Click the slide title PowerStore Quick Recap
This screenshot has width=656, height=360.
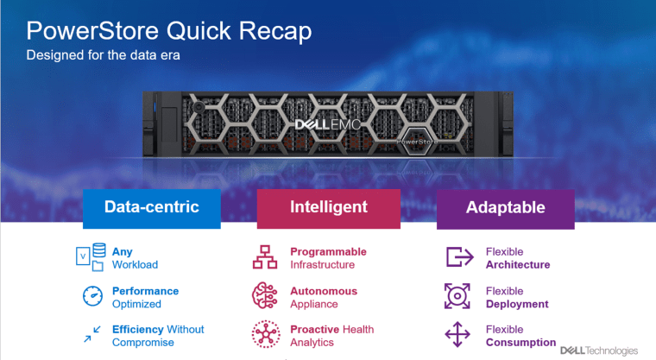click(169, 31)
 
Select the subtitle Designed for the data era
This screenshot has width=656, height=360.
click(103, 55)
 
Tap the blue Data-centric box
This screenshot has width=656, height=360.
click(152, 209)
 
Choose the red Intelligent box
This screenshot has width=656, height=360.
click(328, 209)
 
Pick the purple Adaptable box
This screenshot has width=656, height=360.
click(506, 209)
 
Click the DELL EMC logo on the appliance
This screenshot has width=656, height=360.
click(328, 124)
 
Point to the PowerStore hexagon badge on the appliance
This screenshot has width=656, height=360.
click(417, 142)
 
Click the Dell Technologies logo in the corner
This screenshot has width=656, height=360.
click(599, 351)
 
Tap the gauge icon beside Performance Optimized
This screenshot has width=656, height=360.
click(92, 296)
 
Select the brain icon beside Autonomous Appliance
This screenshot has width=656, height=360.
click(264, 295)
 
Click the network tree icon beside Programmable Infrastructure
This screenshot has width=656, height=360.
click(265, 257)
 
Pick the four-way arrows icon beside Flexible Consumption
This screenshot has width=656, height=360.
click(457, 334)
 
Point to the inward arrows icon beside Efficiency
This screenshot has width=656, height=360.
click(92, 334)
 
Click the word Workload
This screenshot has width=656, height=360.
click(136, 264)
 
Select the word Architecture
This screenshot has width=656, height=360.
click(518, 264)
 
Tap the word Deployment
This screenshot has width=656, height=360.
click(517, 305)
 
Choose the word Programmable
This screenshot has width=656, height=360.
click(328, 252)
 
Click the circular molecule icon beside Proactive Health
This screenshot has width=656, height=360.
click(266, 334)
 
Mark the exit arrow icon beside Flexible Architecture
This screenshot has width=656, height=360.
click(460, 256)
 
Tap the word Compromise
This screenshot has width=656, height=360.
click(143, 343)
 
